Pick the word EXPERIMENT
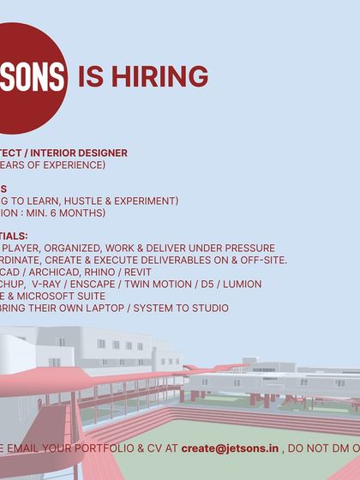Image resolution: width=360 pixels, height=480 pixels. point(146,201)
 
